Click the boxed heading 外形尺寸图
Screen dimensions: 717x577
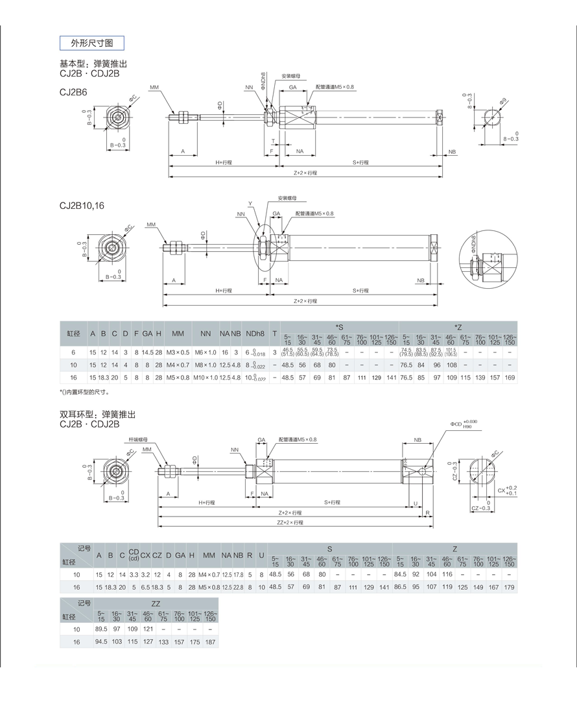[91, 43]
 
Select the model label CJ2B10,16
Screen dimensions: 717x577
[82, 206]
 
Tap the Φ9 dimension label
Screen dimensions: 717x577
[503, 101]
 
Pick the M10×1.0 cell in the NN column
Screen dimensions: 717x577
[206, 377]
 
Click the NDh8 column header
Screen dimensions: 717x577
[256, 334]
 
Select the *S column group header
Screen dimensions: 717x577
[339, 326]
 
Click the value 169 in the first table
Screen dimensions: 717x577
[510, 377]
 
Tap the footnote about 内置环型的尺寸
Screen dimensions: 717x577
[84, 392]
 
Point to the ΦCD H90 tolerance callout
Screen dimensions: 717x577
[464, 424]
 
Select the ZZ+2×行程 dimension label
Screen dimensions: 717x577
[290, 522]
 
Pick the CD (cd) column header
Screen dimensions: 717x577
[134, 555]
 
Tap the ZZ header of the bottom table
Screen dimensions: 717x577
[156, 603]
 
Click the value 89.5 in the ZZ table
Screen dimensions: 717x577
[100, 629]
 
